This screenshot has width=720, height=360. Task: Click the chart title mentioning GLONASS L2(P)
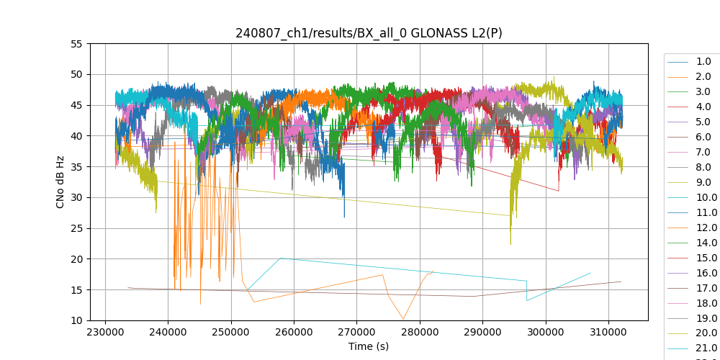pos(369,33)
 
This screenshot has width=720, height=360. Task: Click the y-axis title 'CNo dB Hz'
pos(60,181)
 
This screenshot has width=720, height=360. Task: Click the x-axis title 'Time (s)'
pos(369,346)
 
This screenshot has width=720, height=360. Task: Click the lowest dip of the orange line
pos(403,319)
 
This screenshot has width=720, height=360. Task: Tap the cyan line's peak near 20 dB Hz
pos(281,258)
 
